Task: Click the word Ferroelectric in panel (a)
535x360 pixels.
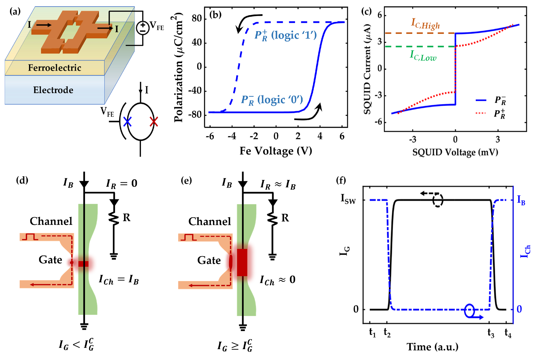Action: click(54, 68)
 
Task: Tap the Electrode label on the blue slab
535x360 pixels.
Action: click(53, 90)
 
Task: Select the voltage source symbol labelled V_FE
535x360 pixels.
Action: click(143, 28)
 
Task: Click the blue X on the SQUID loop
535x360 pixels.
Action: click(128, 122)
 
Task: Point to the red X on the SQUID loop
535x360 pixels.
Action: click(154, 122)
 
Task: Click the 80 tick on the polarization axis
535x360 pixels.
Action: click(196, 19)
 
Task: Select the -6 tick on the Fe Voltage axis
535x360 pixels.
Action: click(210, 136)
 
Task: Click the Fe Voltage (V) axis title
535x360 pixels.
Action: click(276, 151)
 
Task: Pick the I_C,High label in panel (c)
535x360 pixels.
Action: click(425, 24)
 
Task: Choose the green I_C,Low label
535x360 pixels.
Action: click(423, 56)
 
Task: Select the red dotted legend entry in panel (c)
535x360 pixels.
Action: click(490, 113)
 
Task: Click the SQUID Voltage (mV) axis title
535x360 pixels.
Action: click(455, 152)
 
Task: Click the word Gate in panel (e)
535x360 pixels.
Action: click(209, 260)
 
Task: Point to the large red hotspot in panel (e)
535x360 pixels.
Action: click(242, 262)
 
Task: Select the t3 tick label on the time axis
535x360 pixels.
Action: click(491, 333)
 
